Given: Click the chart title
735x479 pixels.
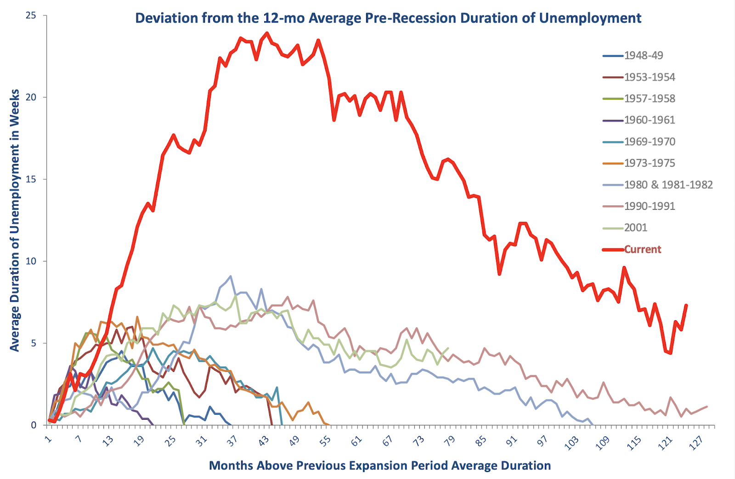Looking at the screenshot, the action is tap(388, 18).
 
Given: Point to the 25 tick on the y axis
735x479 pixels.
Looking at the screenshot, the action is tap(31, 16).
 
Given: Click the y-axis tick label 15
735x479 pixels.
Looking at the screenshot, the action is tap(31, 180).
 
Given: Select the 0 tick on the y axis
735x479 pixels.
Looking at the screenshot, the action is tap(34, 425).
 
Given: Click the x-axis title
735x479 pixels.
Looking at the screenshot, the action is tap(380, 466).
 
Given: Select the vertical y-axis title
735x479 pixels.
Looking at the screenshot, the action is tap(14, 220).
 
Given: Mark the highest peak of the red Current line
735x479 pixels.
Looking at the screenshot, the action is tap(267, 33).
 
